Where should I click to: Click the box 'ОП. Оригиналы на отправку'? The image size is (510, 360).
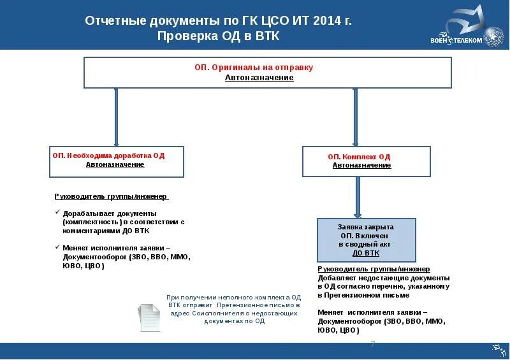[268, 72]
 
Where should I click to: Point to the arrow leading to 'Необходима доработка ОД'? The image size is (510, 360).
[115, 117]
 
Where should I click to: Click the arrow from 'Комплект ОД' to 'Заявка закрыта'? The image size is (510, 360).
[358, 197]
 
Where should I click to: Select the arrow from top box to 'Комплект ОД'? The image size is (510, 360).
[356, 117]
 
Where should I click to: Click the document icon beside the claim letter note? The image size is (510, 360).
[150, 316]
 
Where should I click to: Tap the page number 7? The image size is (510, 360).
[373, 344]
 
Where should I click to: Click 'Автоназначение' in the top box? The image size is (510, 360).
[259, 78]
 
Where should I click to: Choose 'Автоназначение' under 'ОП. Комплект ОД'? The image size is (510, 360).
[361, 165]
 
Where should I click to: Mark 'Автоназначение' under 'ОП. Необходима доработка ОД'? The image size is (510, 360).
[115, 164]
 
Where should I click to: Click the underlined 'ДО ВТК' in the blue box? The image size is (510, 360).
[366, 253]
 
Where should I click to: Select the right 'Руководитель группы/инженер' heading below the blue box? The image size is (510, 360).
[374, 270]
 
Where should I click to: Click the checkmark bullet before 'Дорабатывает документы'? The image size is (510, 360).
[57, 212]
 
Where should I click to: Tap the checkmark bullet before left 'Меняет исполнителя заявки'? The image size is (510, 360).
[57, 247]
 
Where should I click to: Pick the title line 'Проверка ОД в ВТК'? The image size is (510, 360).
[219, 36]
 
